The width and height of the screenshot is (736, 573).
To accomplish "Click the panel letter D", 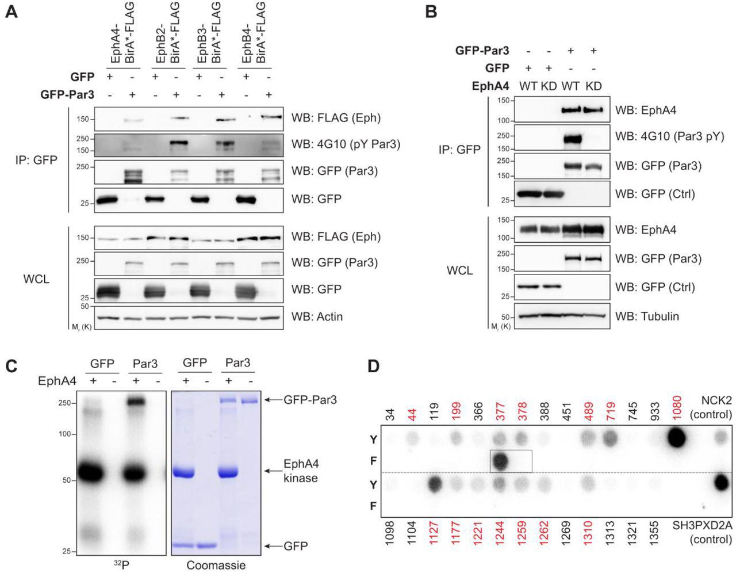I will click(x=374, y=366).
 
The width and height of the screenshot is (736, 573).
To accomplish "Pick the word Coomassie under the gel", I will click(x=216, y=565).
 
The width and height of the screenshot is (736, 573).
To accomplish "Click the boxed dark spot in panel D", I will click(x=500, y=461).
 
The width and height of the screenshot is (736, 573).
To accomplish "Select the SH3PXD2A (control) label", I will click(x=703, y=532).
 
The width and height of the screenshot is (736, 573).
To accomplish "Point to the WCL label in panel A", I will click(x=36, y=279).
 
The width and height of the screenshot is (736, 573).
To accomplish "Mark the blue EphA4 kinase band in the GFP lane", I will click(x=186, y=473).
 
